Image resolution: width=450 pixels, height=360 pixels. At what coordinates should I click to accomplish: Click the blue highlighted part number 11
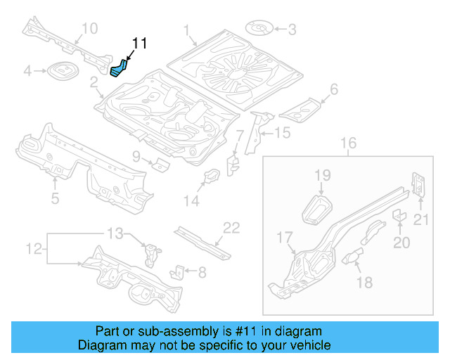click(x=119, y=68)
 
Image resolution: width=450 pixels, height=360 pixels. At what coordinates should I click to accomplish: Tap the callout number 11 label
click(x=139, y=44)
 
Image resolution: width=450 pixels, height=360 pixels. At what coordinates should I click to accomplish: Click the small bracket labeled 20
click(x=397, y=215)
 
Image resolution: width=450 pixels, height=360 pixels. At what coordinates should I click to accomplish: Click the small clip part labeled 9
click(x=162, y=165)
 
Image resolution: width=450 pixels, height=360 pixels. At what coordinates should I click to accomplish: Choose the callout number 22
click(x=231, y=227)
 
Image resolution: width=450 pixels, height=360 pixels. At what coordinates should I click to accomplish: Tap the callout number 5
click(x=55, y=199)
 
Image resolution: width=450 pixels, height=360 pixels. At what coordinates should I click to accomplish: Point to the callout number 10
click(x=89, y=28)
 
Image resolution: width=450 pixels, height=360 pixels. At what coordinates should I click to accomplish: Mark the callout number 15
click(x=281, y=132)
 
